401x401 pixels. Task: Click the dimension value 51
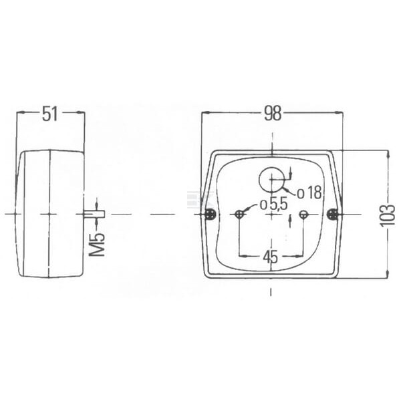point(50,114)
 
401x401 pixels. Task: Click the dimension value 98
point(273,114)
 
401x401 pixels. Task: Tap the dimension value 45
point(271,257)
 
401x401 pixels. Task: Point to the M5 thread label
point(97,245)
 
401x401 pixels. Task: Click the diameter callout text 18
point(313,193)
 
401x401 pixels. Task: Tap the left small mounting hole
point(239,215)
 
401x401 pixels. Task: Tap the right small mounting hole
point(303,215)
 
